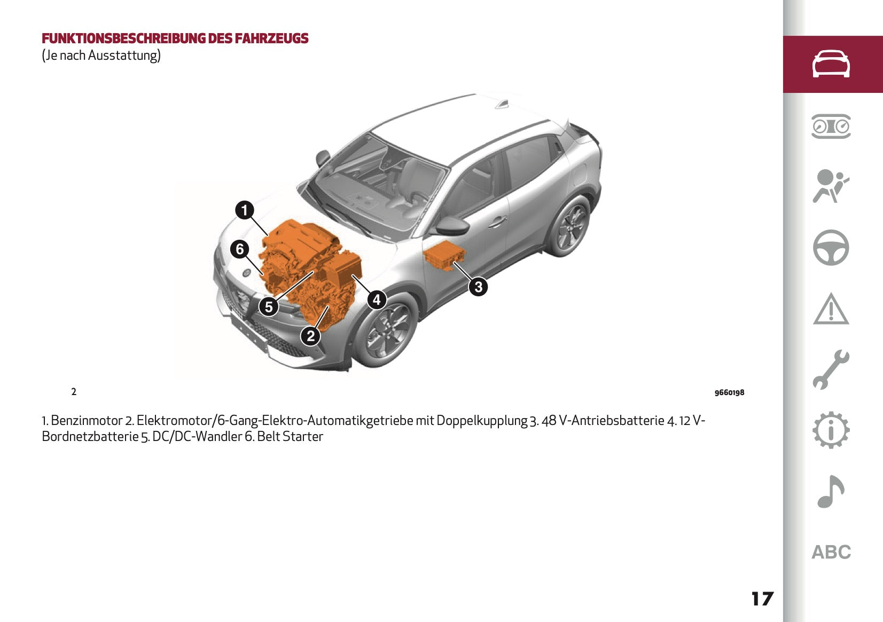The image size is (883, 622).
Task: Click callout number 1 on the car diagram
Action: (x=245, y=210)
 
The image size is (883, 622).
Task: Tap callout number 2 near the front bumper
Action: (x=311, y=336)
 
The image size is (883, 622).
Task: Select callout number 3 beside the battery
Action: (x=478, y=287)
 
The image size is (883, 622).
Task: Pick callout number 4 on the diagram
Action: (x=377, y=300)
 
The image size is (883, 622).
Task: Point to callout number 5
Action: (x=269, y=306)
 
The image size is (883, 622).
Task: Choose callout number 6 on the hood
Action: (x=240, y=249)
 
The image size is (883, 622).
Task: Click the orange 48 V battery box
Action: (x=444, y=257)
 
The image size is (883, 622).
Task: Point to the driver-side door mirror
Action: (x=452, y=226)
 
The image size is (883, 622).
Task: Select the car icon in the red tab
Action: (x=831, y=64)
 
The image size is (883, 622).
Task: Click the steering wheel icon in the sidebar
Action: (x=831, y=247)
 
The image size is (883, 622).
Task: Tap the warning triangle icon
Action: (x=831, y=309)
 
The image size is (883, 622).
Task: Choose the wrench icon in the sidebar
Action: (x=831, y=369)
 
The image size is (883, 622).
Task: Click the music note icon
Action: (x=831, y=491)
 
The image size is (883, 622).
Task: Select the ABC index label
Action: (x=831, y=552)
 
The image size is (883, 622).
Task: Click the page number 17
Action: (x=762, y=599)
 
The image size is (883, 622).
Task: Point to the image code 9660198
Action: (x=729, y=392)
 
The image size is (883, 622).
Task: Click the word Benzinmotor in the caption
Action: (x=87, y=420)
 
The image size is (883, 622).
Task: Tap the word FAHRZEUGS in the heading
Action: (x=271, y=38)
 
